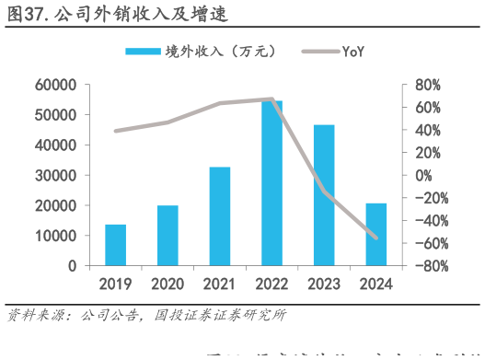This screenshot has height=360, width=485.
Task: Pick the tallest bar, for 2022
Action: coord(272,183)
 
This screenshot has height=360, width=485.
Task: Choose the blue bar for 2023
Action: coord(325,195)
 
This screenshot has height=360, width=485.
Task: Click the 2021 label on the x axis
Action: coord(220,284)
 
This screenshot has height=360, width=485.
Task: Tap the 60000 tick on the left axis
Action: coord(56,85)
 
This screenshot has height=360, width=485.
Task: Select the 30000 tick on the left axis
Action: coord(56,175)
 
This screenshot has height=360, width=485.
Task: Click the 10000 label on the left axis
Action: coord(56,236)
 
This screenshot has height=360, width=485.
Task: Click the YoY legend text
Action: coord(353,51)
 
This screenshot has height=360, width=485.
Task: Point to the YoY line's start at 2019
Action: coord(115,131)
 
